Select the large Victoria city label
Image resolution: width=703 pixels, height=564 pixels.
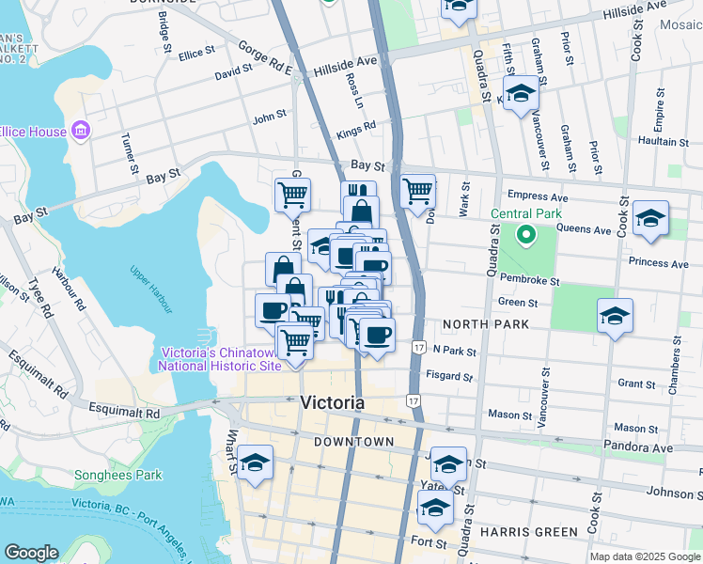coord(332,403)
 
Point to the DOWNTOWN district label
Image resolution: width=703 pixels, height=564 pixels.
coord(353,442)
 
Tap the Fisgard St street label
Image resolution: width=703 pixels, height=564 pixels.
coord(447,377)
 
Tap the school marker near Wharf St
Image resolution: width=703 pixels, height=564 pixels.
coord(255,463)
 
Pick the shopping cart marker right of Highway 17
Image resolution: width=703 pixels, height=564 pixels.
coord(417,192)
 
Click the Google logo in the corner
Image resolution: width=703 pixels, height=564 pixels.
coord(32,553)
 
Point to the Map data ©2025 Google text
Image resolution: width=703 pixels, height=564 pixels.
coord(645,556)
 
